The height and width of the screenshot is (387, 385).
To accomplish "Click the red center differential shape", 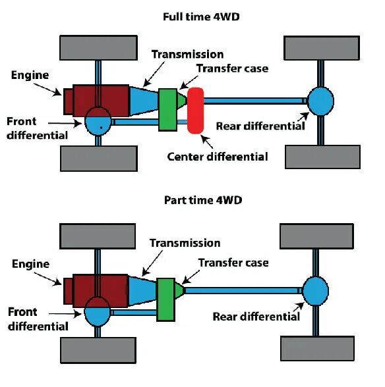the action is [196, 111].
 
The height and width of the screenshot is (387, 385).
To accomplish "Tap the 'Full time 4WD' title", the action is [201, 17].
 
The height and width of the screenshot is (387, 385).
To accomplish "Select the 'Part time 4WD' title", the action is [203, 200].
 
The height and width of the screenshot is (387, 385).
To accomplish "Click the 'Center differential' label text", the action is [218, 157].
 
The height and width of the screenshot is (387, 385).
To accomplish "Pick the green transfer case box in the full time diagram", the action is [168, 109].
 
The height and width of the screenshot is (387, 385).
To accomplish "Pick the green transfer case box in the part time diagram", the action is [166, 299].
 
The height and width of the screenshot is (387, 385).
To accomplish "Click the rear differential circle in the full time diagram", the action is [320, 101].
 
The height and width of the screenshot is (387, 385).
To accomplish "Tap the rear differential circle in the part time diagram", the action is [316, 291].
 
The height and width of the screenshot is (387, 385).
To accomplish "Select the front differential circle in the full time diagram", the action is [98, 121].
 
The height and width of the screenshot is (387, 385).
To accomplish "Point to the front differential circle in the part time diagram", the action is [97, 311].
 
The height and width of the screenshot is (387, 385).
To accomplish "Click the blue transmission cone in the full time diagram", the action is [144, 101].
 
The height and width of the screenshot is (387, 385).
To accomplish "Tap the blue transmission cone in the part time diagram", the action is [142, 291].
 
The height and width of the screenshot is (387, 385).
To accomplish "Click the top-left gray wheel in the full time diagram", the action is [99, 47].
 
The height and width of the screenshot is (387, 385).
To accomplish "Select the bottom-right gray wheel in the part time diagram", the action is [318, 348].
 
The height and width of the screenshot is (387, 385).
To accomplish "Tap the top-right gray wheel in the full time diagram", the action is [322, 48].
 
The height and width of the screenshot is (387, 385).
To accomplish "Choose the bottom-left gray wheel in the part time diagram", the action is [98, 350].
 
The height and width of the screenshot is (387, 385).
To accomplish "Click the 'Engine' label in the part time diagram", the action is [31, 265].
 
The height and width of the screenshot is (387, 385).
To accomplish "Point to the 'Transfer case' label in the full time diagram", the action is [233, 68].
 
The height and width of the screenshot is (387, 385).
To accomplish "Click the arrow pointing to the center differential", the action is [207, 142].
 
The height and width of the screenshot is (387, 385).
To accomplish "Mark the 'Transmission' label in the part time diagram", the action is [185, 243].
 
